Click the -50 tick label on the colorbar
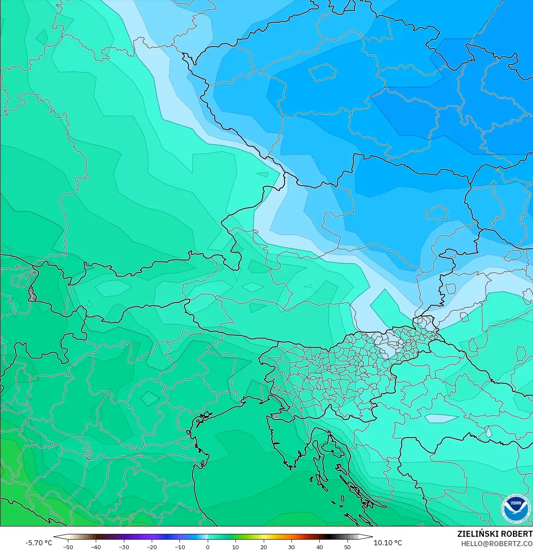point(68,547)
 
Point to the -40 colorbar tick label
point(96,547)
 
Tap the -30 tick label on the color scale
point(124,547)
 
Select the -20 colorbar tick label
point(152,547)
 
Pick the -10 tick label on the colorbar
point(180,547)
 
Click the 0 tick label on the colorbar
point(208,547)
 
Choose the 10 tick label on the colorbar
point(236,547)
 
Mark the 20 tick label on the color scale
point(264,547)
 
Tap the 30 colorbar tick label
point(292,547)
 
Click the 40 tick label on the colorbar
point(320,547)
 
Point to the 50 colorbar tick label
point(347,547)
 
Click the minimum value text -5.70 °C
point(38,543)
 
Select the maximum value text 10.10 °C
point(388,543)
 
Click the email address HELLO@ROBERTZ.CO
point(497,544)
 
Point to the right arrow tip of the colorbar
point(371,537)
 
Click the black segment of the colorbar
point(327,537)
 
